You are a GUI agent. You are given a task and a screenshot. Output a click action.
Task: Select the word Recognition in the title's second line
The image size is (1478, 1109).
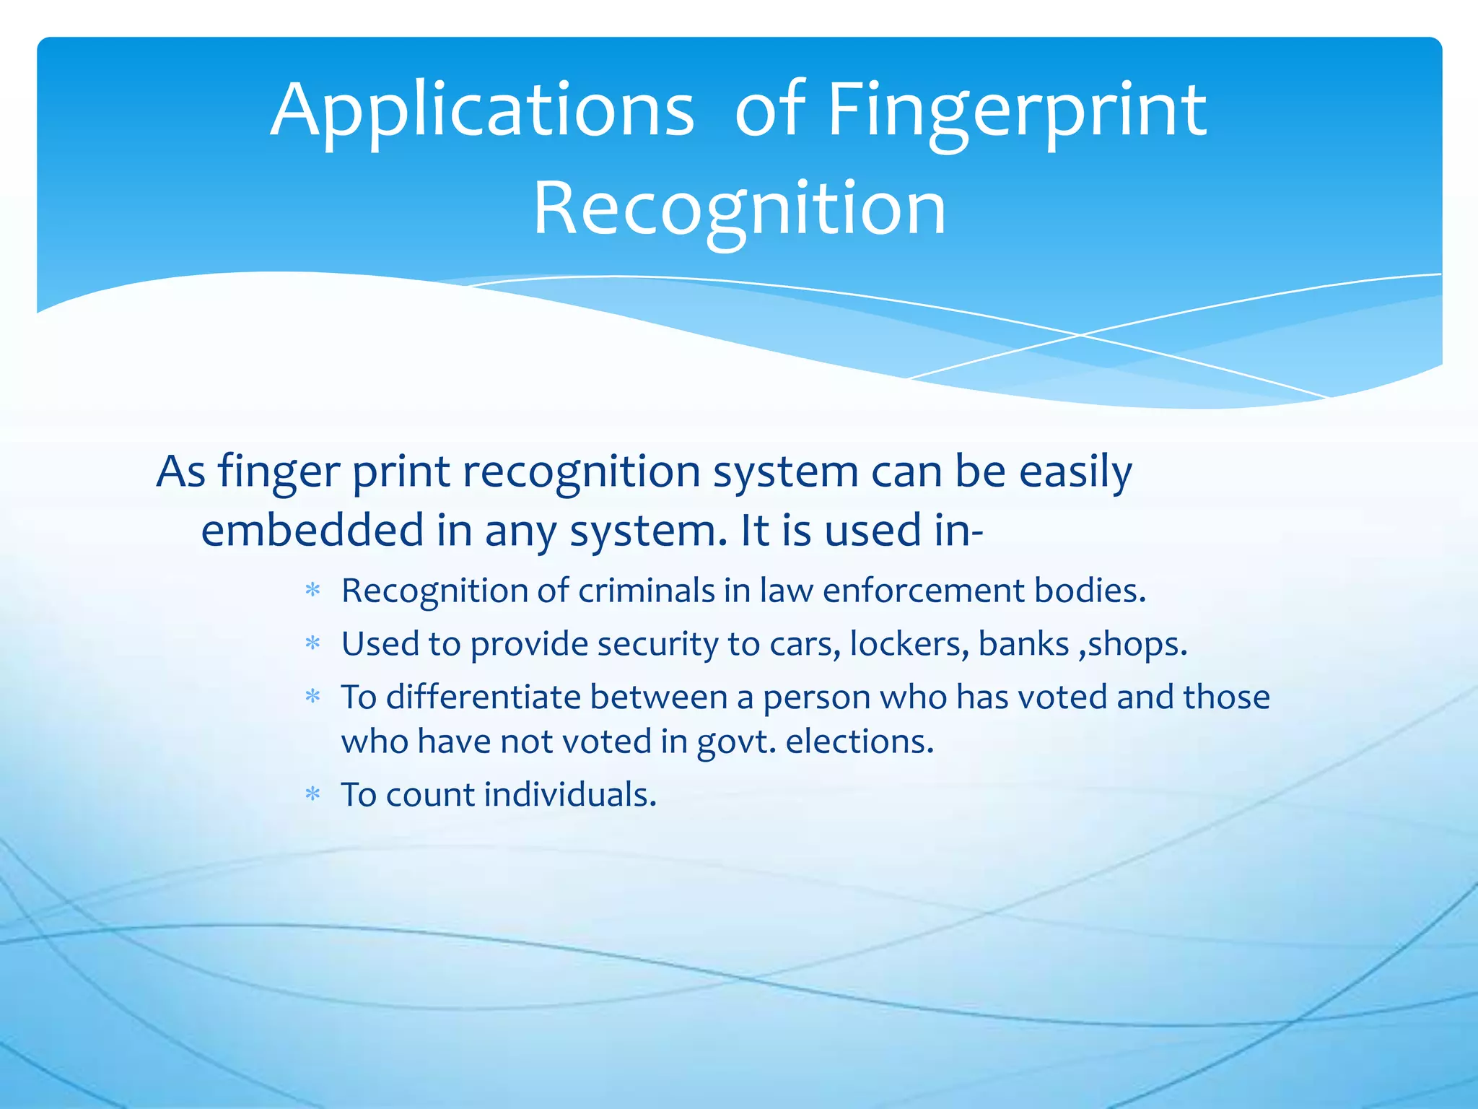739,209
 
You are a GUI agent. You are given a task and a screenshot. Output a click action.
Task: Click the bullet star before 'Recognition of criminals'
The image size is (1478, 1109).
312,591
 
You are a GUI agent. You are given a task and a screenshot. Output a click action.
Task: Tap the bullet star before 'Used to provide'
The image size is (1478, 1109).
312,644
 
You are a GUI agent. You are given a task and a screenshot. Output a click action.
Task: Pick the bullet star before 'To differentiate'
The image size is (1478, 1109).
312,697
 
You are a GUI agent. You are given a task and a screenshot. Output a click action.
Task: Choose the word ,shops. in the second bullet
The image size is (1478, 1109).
1133,644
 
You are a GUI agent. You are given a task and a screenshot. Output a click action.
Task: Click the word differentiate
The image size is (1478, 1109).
484,697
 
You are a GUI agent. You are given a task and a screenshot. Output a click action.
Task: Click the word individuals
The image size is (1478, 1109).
570,795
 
